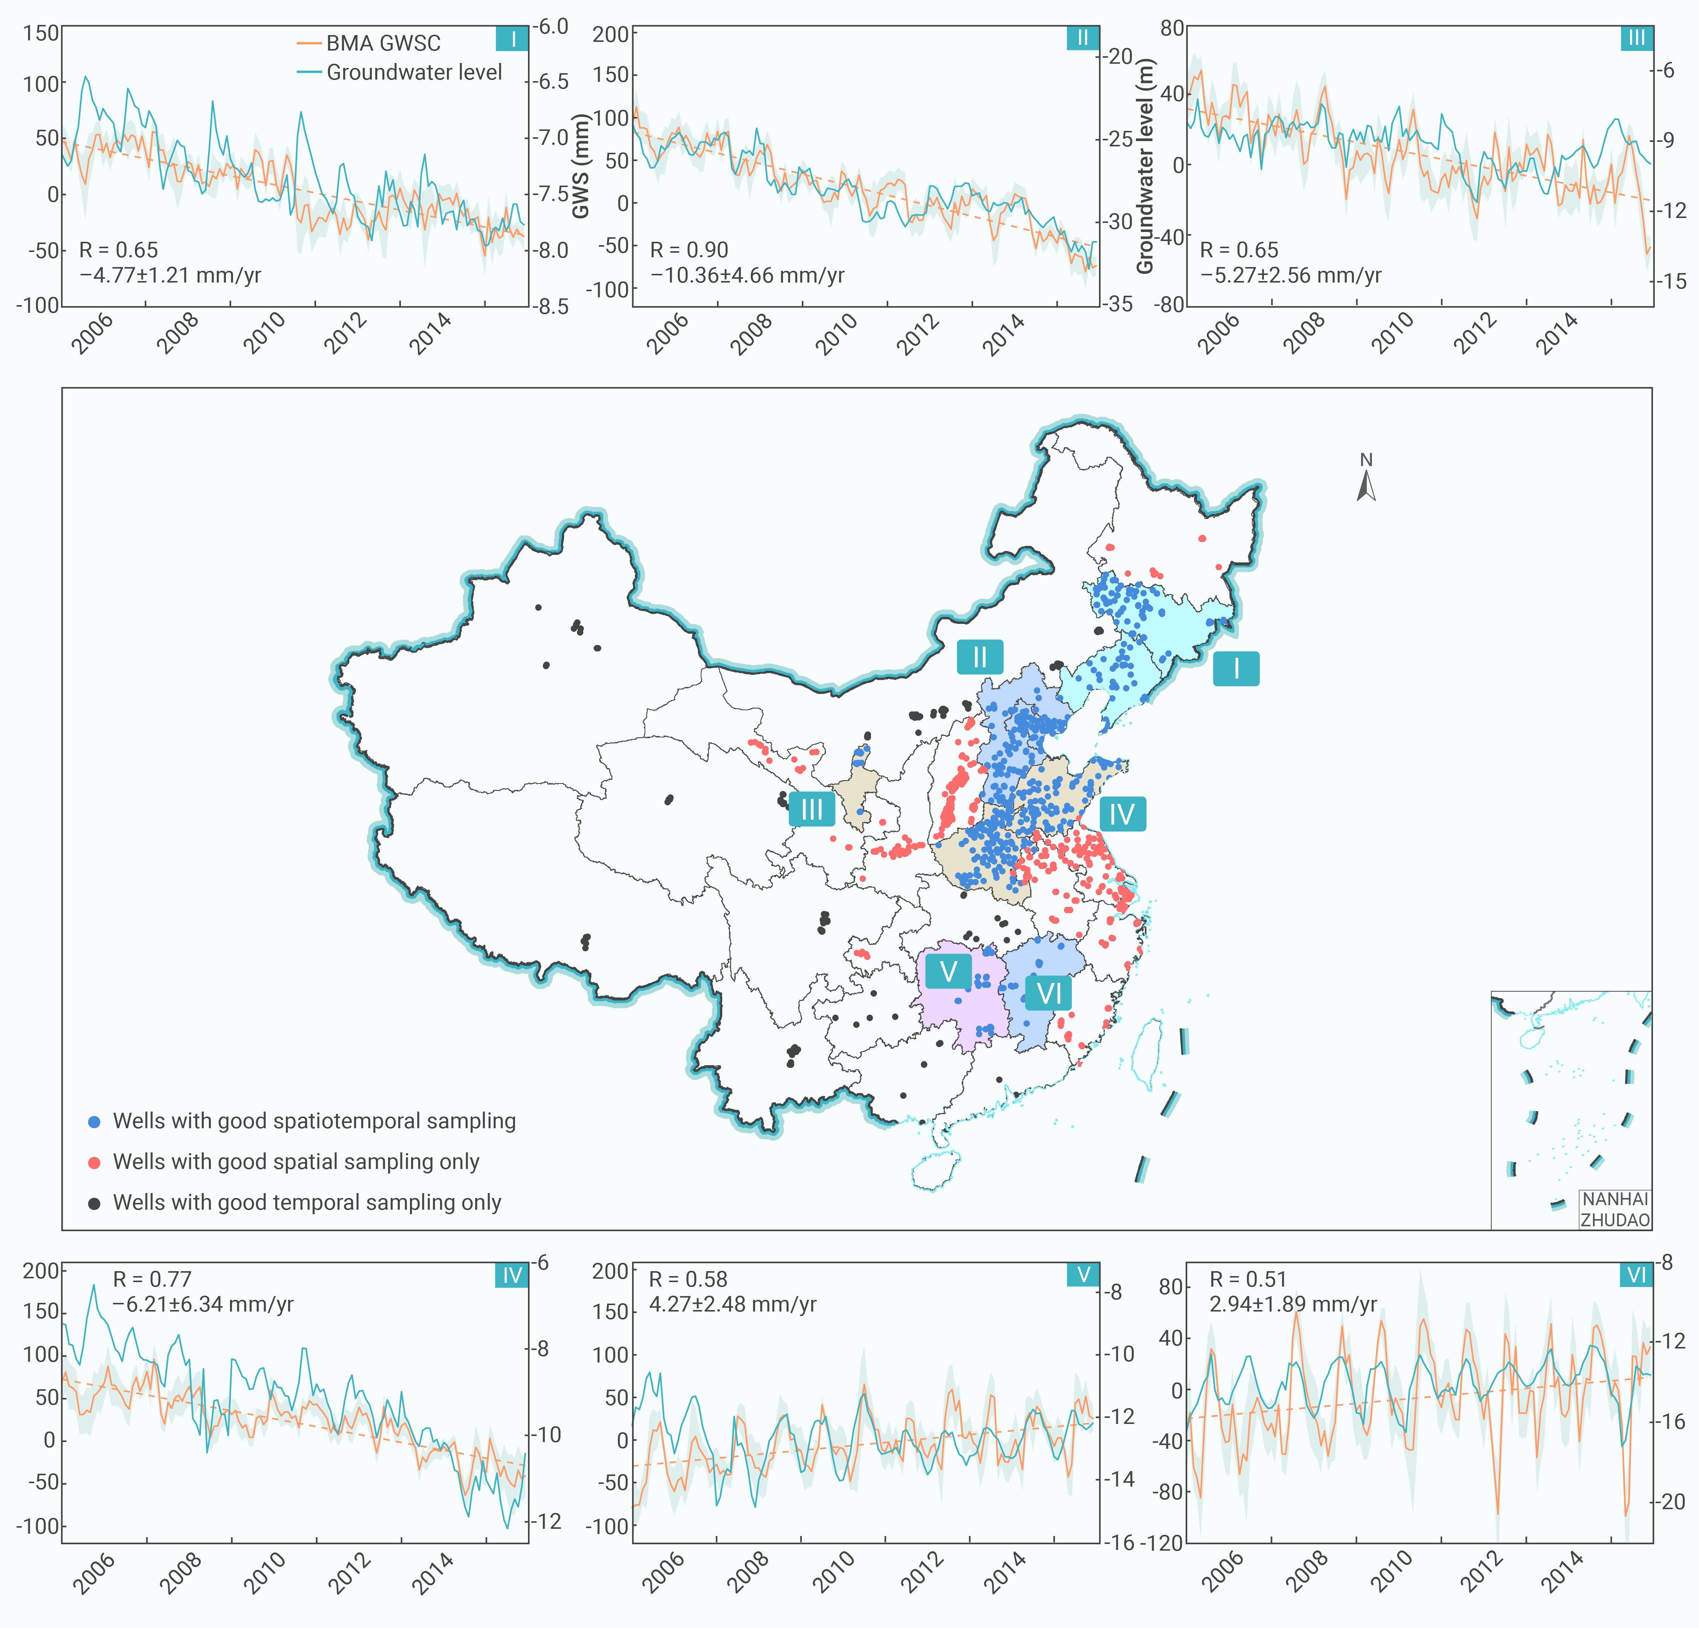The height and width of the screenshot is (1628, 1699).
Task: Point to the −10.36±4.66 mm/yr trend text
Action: pyautogui.click(x=747, y=276)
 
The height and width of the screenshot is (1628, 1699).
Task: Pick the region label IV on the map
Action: pyautogui.click(x=1123, y=814)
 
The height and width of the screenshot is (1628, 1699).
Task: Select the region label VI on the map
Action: pyautogui.click(x=1049, y=992)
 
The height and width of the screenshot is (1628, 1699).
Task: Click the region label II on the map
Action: pyautogui.click(x=979, y=657)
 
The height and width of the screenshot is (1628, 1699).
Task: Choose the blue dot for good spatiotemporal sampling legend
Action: pyautogui.click(x=95, y=1122)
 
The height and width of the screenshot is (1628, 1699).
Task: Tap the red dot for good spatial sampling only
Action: pyautogui.click(x=95, y=1163)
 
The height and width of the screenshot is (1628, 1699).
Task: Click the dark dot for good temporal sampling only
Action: pyautogui.click(x=95, y=1203)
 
